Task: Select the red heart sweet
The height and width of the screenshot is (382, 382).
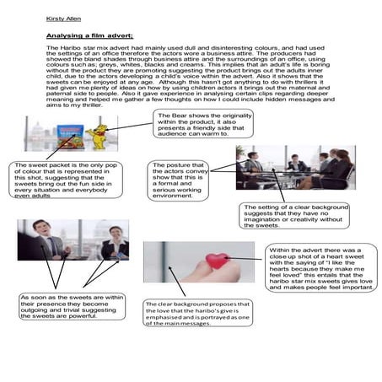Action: tap(217, 261)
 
